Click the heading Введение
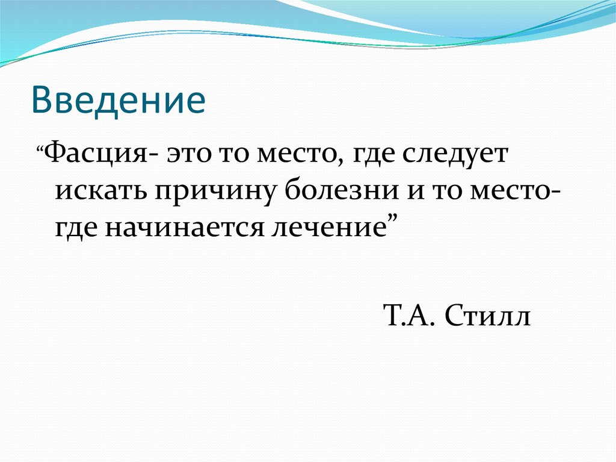[119, 101]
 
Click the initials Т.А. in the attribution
[408, 316]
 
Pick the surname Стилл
[487, 316]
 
